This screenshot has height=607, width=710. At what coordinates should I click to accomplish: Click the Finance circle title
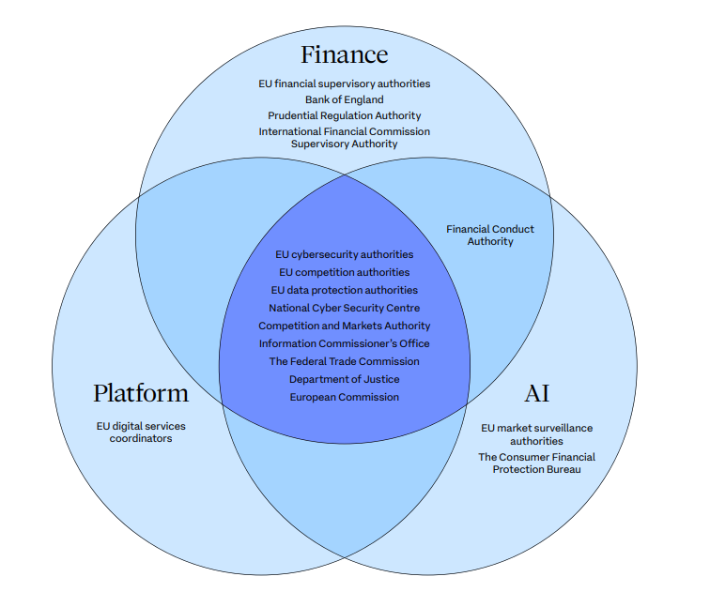(344, 53)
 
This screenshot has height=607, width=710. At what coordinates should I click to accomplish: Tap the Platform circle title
(141, 392)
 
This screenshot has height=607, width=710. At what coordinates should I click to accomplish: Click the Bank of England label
(344, 99)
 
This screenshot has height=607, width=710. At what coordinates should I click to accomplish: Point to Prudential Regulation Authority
(344, 115)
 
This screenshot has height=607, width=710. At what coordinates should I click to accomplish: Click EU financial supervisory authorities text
(344, 83)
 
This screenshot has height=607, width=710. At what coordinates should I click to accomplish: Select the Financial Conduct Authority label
(491, 235)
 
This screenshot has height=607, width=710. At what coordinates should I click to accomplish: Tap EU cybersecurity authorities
(344, 254)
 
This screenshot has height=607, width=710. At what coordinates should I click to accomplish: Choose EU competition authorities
(344, 272)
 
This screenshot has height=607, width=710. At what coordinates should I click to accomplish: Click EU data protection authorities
(344, 290)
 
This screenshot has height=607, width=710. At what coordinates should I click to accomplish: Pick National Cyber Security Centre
(344, 308)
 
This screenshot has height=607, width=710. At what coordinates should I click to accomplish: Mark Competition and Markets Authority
(344, 326)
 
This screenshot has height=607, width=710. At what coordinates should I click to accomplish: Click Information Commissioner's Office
(344, 343)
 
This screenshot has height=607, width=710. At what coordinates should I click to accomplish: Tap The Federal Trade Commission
(344, 361)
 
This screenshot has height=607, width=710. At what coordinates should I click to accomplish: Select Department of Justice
(344, 379)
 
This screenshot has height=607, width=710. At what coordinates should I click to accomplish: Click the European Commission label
(344, 397)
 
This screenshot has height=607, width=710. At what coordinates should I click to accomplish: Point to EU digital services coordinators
(141, 432)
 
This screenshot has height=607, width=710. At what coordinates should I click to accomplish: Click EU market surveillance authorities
(536, 433)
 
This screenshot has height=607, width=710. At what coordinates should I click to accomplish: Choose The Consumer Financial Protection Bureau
(536, 463)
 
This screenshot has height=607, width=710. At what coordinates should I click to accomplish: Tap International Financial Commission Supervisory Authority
(344, 138)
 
